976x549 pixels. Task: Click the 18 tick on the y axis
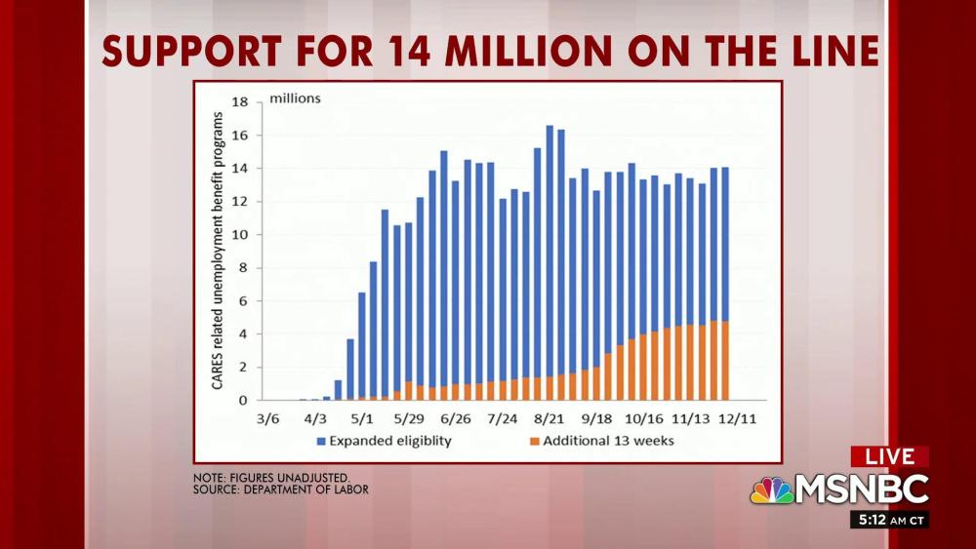coord(238,101)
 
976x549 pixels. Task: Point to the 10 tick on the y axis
coord(238,235)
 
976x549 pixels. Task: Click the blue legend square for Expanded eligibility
coord(321,442)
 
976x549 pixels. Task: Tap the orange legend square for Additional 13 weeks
coord(532,442)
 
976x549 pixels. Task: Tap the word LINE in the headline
coord(831,52)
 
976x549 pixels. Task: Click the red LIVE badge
coord(889,456)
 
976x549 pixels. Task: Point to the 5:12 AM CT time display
coord(889,520)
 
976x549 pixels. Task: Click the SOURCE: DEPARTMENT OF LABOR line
coord(281,490)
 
